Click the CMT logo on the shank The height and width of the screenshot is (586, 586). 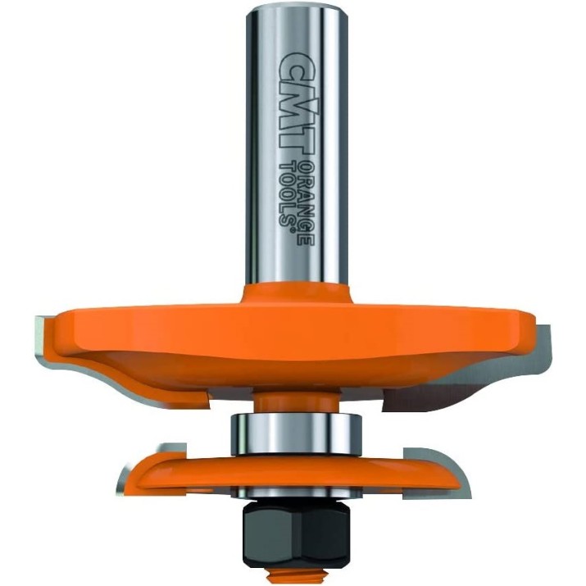click(x=295, y=103)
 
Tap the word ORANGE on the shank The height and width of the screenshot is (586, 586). click(x=306, y=204)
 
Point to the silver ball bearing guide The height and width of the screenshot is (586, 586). click(x=296, y=434)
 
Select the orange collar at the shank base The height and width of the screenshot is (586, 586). click(x=296, y=296)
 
